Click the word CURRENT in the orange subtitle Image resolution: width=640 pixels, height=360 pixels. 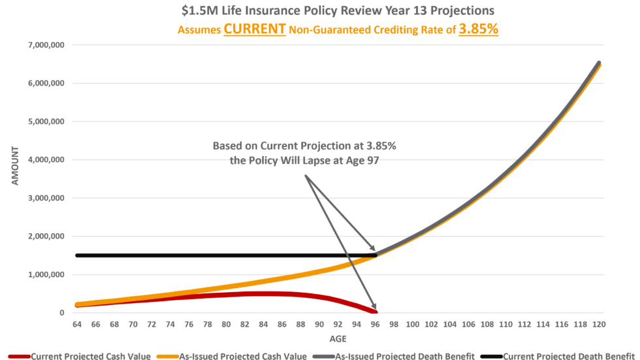point(255,29)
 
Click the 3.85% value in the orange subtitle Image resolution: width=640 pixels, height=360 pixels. point(479,29)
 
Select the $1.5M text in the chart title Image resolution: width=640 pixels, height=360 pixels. point(195,11)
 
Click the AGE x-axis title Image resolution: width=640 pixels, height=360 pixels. point(338,339)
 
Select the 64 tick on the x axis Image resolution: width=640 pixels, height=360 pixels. point(77,324)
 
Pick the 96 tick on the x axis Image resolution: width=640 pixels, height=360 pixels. point(376,324)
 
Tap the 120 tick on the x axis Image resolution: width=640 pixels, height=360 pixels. point(600,324)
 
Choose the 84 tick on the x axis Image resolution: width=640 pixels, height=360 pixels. point(264,324)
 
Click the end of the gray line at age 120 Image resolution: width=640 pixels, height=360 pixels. point(599,63)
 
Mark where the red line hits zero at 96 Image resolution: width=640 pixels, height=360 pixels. point(376,312)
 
